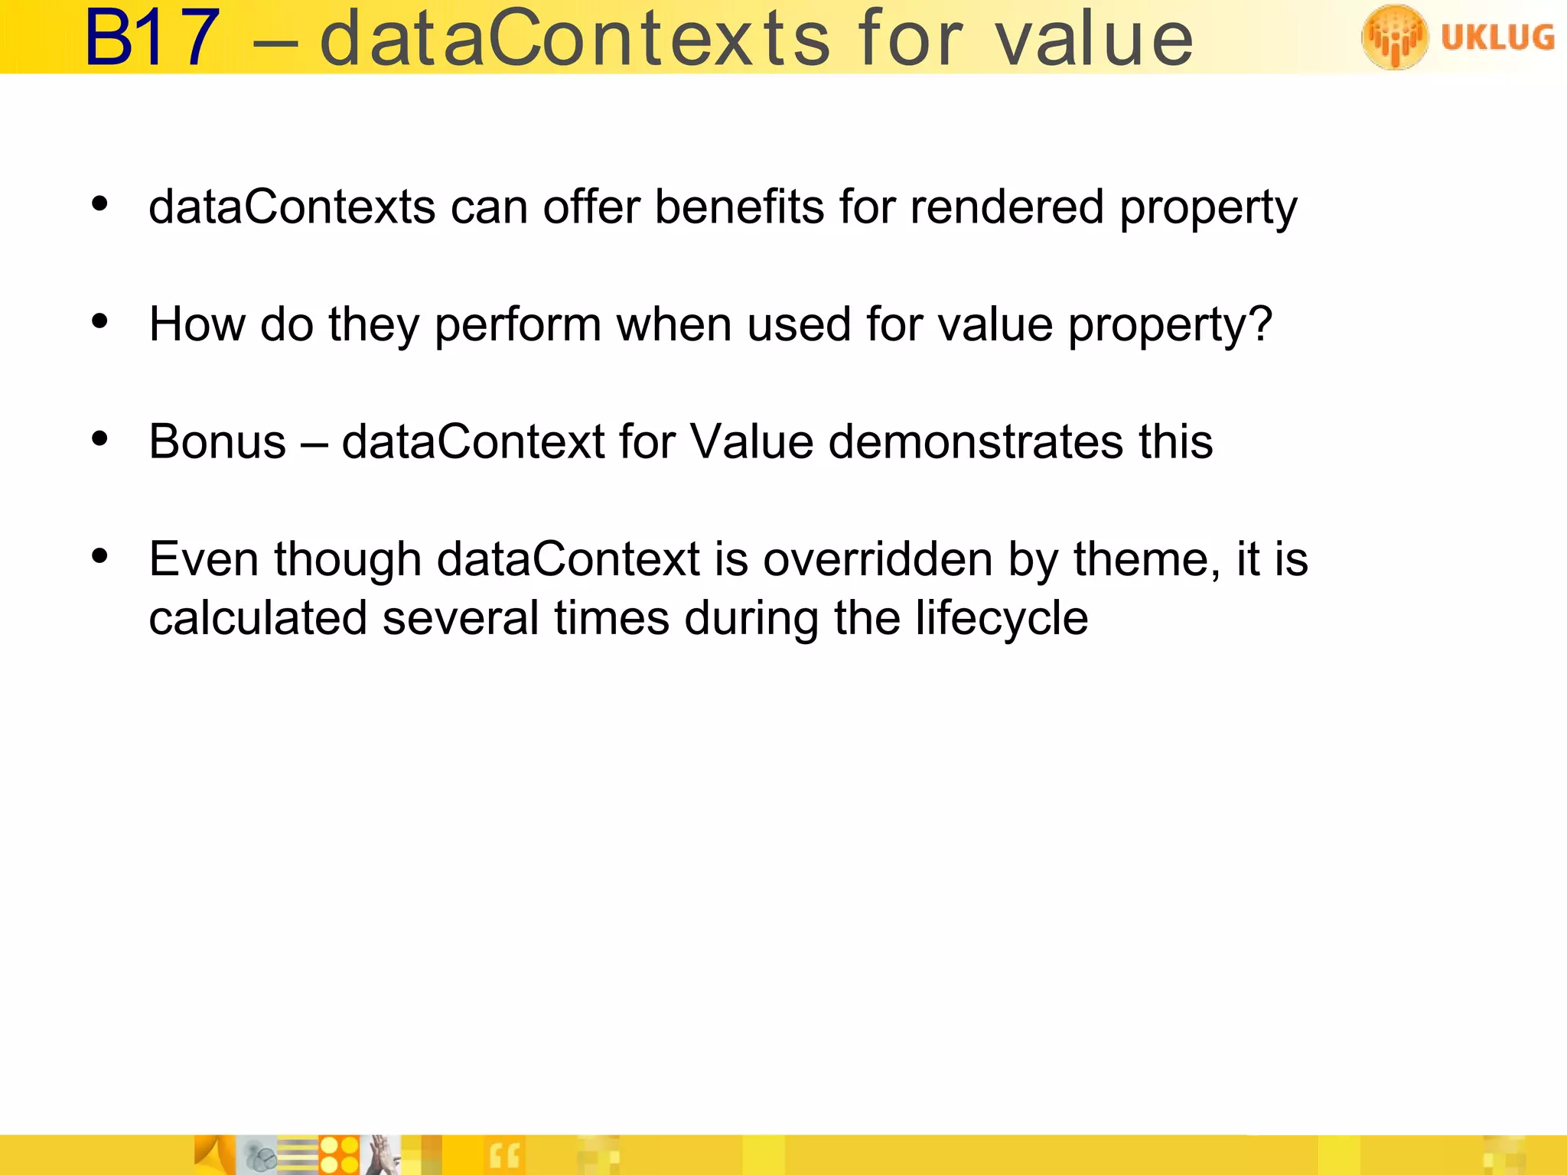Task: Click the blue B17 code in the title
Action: (x=151, y=38)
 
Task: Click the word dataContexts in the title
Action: (x=574, y=38)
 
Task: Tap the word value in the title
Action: (x=1094, y=38)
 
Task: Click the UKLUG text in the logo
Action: (x=1497, y=37)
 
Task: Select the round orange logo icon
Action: (x=1394, y=37)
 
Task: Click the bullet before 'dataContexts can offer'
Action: (x=99, y=204)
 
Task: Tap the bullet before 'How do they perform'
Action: (x=99, y=321)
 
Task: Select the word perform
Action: (x=518, y=324)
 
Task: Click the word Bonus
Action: (x=217, y=441)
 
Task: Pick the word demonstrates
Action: (x=976, y=441)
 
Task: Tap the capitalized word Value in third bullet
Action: (x=751, y=441)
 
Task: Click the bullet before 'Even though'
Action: (x=99, y=556)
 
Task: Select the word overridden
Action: (x=878, y=559)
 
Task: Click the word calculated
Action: (x=258, y=618)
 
